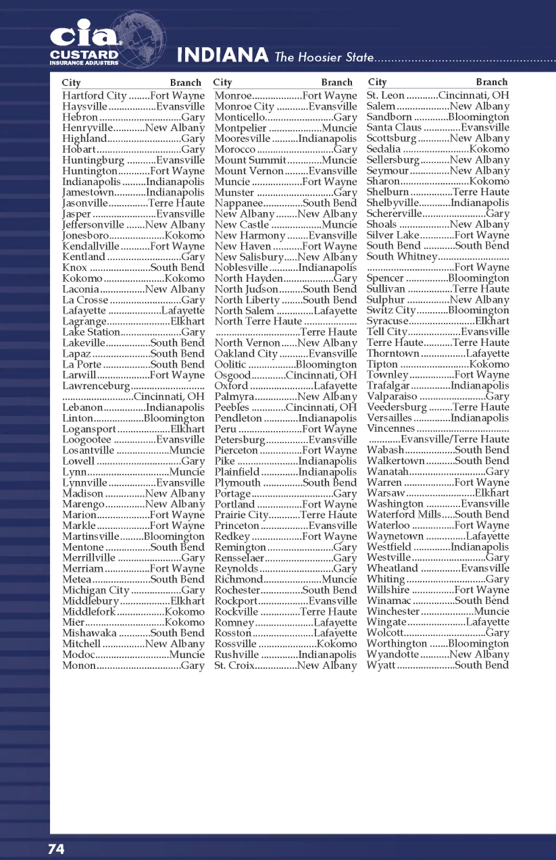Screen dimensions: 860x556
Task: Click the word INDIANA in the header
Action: [223, 55]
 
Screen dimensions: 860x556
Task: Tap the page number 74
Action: [56, 849]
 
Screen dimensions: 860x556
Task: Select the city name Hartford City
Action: [94, 96]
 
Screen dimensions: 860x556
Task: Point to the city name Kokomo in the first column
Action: [82, 278]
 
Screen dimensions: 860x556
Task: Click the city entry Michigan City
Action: [96, 590]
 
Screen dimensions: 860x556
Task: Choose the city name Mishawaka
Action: [89, 633]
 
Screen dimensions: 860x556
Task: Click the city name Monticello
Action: [239, 117]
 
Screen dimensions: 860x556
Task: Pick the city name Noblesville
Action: [241, 268]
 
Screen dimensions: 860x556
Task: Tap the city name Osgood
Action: [232, 375]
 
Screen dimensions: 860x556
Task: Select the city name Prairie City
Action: [241, 515]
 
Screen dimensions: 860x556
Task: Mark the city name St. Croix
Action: [234, 666]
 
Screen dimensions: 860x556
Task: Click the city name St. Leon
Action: [386, 96]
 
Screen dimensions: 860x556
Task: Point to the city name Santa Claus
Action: [394, 128]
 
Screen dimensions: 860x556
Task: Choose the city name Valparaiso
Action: [392, 396]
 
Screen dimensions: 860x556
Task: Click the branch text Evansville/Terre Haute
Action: [455, 439]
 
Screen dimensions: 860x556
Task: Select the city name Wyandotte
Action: [393, 654]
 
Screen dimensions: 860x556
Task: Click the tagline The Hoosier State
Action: [324, 57]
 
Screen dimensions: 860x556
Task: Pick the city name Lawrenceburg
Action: [96, 386]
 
